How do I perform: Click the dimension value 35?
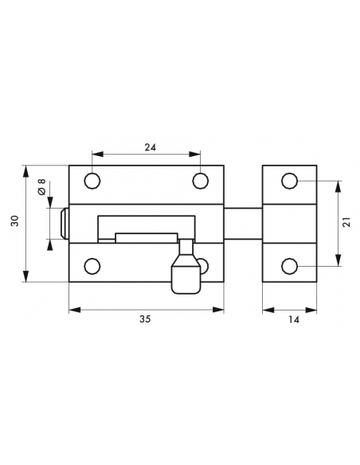point(144,319)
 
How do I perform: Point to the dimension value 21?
point(346,224)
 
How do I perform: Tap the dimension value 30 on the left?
point(14,223)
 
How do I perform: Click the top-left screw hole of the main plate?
point(92,182)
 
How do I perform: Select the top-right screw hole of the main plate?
point(200,182)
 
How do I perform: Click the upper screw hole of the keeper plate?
point(290,182)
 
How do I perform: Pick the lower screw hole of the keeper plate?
point(290,265)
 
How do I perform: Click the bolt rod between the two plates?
point(243,223)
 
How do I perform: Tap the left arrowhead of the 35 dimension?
point(72,307)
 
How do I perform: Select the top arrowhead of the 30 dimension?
point(27,169)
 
